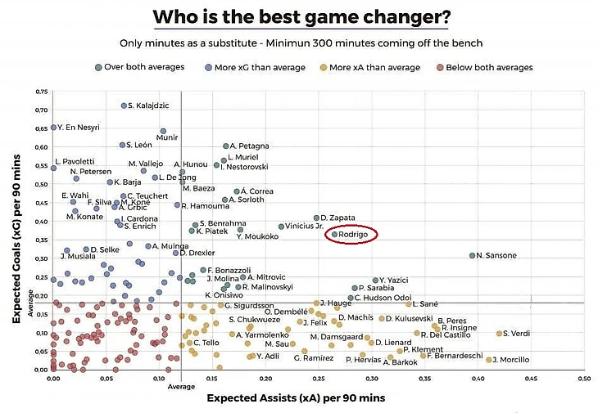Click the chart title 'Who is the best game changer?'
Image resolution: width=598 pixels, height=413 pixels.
[301, 17]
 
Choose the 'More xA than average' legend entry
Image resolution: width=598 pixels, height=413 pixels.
[374, 67]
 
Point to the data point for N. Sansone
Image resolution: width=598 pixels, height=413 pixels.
[472, 255]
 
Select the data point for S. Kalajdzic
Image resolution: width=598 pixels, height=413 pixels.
[124, 105]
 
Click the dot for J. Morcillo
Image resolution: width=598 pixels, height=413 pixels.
[489, 360]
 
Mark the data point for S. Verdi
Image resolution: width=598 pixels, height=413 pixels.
[499, 333]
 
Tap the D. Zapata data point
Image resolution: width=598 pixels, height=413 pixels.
[316, 218]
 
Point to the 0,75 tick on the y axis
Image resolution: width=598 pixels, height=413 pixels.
[41, 91]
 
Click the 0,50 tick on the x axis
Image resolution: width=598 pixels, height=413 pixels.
[584, 379]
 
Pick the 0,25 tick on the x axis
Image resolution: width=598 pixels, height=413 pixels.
[319, 379]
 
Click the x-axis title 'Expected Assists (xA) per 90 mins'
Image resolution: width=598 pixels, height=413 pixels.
[295, 397]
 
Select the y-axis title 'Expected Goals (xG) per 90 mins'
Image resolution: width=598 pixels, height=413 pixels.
[16, 230]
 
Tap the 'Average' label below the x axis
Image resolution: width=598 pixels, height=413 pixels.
[181, 387]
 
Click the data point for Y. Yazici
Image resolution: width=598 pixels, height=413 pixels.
[375, 280]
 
